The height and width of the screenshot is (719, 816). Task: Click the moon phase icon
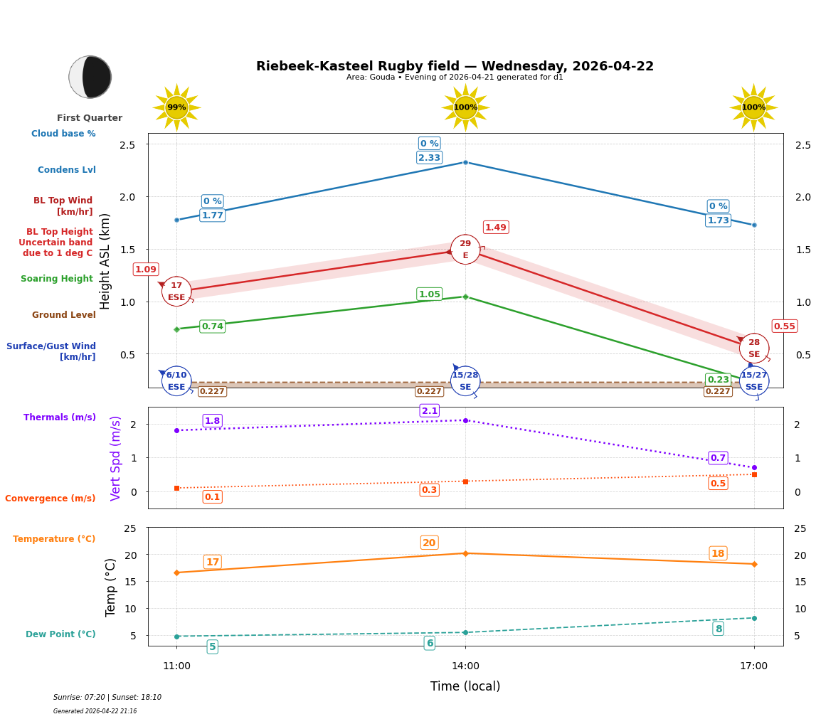click(90, 77)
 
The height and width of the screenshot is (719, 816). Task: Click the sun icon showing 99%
click(176, 107)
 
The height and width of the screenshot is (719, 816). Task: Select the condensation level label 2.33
click(429, 158)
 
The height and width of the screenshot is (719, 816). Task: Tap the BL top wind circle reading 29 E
click(465, 250)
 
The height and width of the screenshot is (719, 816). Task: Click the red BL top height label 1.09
click(146, 270)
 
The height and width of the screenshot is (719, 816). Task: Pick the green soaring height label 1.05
click(429, 294)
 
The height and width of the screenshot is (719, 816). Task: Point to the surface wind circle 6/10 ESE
click(176, 380)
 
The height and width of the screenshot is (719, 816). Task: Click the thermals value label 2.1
click(429, 411)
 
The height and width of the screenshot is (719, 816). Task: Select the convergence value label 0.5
click(718, 484)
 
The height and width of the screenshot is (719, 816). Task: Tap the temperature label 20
click(429, 543)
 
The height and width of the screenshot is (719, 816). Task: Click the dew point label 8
click(719, 629)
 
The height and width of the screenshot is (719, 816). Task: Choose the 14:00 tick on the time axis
click(465, 666)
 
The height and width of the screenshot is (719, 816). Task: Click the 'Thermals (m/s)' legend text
click(60, 417)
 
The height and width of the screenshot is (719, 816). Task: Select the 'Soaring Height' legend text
click(57, 279)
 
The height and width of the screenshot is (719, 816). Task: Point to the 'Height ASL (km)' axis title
click(105, 261)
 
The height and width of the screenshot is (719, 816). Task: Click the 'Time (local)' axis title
click(465, 686)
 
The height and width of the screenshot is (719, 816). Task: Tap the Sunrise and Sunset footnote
click(107, 698)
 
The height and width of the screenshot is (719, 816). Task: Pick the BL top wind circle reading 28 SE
click(754, 348)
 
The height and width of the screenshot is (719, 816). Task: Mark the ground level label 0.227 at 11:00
click(212, 391)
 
